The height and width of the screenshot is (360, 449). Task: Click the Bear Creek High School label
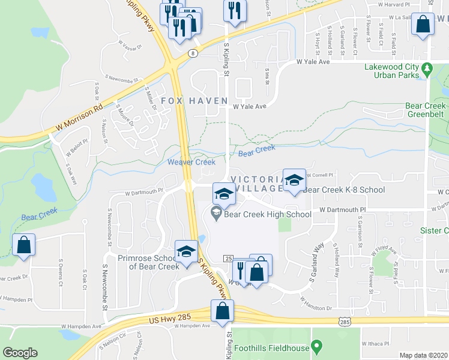tap(268, 214)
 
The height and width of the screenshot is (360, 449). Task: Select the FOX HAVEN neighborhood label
tap(194, 101)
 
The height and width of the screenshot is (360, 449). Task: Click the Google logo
tap(20, 352)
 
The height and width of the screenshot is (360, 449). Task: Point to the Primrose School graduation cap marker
tap(186, 252)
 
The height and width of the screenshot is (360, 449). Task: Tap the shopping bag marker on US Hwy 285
tap(222, 311)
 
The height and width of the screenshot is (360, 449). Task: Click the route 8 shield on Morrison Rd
tap(191, 53)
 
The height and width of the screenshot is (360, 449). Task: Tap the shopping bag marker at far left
tap(23, 245)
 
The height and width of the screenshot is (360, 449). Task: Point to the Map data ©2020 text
tap(424, 355)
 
